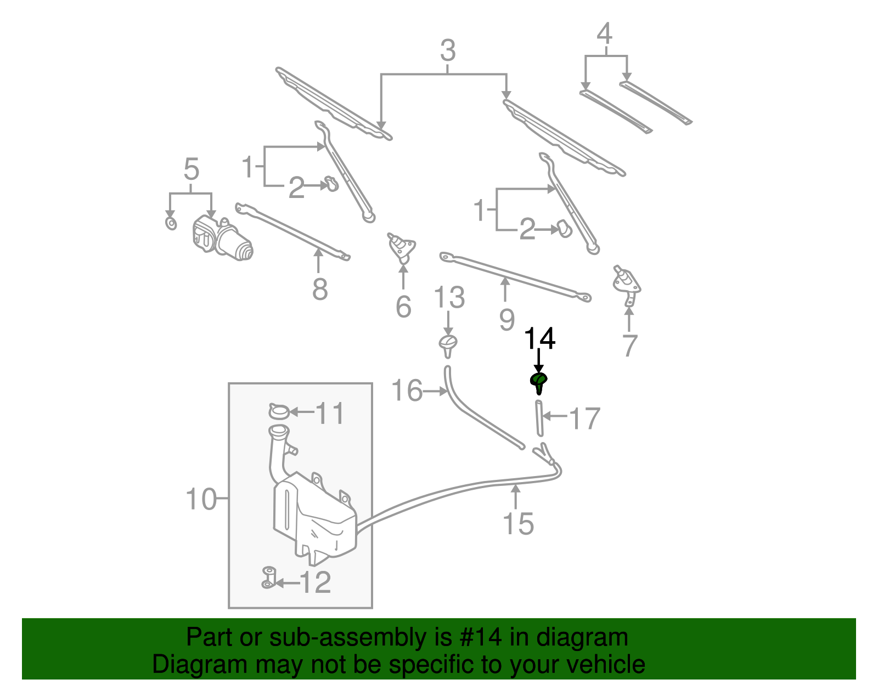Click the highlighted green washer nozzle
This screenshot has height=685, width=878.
538,381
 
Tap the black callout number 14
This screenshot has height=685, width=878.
540,339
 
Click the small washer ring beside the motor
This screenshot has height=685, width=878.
171,223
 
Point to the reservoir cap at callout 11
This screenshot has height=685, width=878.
279,411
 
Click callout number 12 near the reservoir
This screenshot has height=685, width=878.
316,582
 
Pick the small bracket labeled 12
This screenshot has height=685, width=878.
268,578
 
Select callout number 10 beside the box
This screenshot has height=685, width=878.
201,499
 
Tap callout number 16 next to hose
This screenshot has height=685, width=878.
407,391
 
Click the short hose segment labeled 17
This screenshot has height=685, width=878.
539,417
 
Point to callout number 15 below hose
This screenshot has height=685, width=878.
518,523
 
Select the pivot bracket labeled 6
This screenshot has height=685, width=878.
402,247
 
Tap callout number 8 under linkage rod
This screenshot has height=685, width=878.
320,288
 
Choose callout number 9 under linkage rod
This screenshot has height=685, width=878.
506,319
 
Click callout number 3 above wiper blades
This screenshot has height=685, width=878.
448,50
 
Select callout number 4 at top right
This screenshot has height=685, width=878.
604,34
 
